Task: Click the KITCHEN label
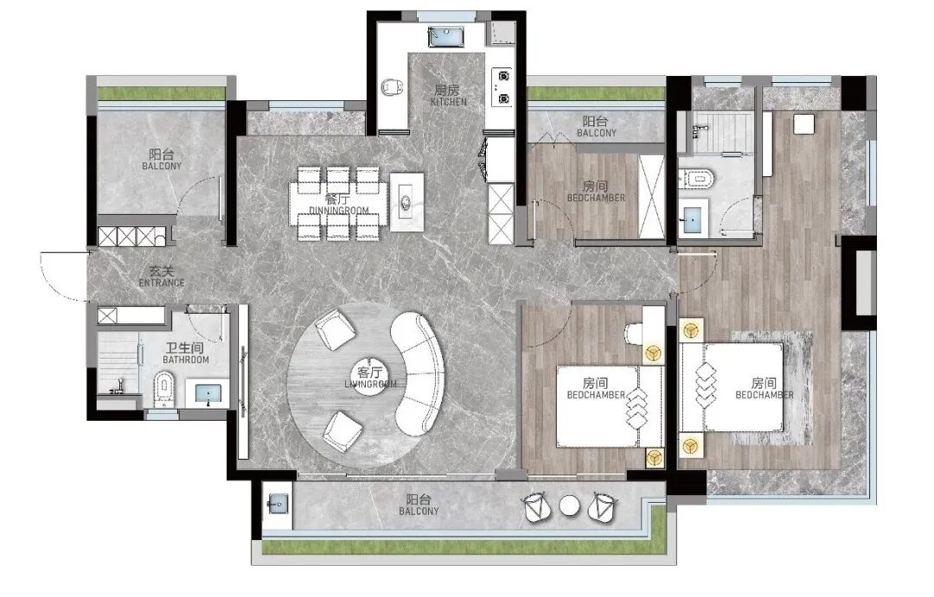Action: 449,102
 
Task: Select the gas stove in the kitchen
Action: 502,87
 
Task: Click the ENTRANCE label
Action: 162,283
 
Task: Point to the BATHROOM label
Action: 186,360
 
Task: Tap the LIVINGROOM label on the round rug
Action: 370,384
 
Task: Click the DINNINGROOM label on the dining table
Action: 339,211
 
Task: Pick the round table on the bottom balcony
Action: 570,506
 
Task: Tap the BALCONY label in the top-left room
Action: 162,166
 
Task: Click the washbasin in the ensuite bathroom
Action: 694,220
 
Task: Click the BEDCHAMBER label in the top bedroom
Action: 596,198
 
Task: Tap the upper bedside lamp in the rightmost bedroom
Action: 691,330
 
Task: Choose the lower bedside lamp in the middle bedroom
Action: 654,458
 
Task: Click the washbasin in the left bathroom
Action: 208,393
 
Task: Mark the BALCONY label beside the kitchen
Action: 596,133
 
